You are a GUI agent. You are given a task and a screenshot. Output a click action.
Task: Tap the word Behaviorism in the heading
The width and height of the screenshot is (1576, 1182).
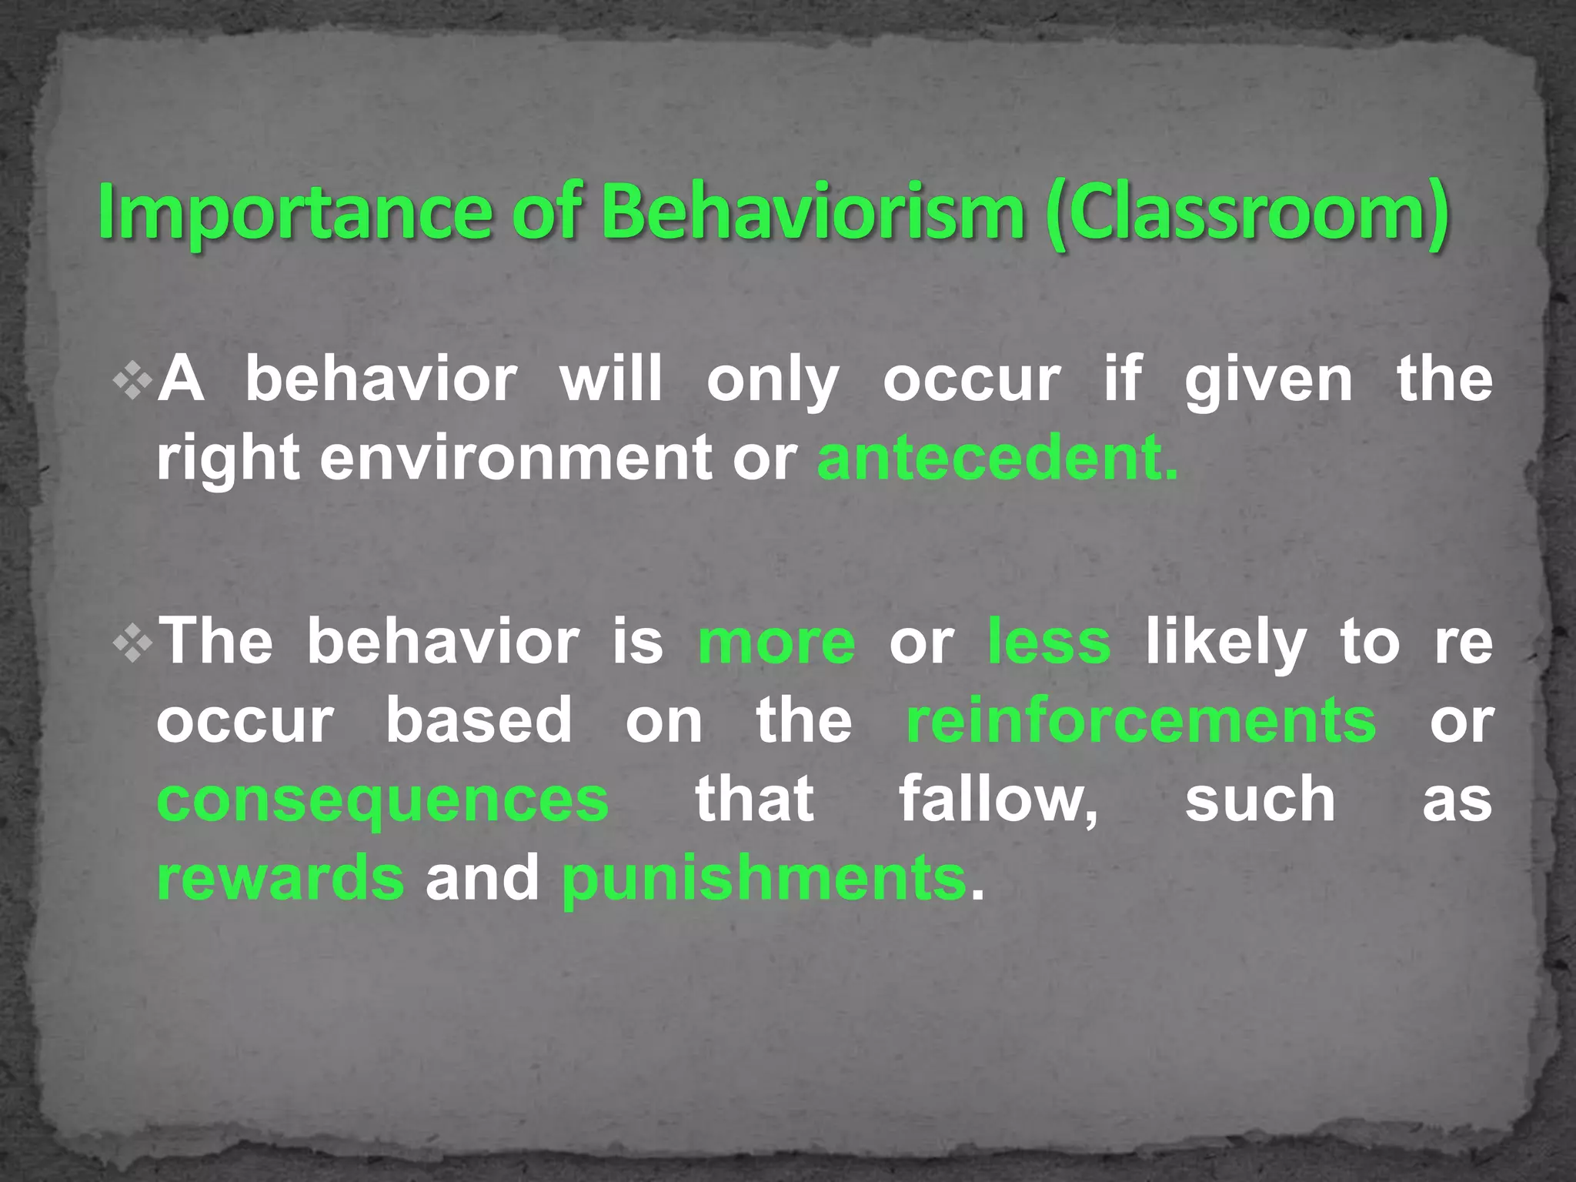[x=813, y=212]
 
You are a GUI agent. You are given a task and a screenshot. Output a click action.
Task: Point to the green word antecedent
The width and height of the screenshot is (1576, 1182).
[x=997, y=458]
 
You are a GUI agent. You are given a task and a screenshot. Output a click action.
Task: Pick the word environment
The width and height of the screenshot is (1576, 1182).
[x=516, y=458]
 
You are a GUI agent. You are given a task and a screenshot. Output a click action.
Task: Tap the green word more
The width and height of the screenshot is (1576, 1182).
[x=776, y=643]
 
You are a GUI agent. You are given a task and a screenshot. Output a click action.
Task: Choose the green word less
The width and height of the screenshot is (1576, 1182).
[x=1050, y=643]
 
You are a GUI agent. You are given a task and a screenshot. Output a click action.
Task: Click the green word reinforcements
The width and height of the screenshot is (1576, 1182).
[x=1141, y=721]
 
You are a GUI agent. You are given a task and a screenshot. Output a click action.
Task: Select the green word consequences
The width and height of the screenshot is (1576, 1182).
[x=382, y=800]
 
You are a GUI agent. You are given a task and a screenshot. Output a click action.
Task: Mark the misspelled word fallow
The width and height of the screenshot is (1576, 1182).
[x=999, y=800]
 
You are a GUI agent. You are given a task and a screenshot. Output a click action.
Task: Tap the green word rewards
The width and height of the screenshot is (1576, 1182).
[x=280, y=879]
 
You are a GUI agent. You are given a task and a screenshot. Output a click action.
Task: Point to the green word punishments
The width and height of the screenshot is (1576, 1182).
[x=763, y=879]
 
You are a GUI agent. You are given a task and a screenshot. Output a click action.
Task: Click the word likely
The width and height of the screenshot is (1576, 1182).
[x=1226, y=643]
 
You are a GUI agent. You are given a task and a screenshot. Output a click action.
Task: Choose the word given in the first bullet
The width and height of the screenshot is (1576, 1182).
[x=1268, y=380]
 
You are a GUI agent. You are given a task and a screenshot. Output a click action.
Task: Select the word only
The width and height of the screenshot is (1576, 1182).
[x=773, y=380]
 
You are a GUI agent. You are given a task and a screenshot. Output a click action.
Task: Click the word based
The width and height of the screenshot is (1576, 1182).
[x=479, y=721]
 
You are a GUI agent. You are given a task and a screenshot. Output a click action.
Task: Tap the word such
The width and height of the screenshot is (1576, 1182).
[x=1260, y=800]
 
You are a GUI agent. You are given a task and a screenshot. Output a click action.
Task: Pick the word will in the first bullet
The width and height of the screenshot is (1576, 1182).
[x=611, y=380]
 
